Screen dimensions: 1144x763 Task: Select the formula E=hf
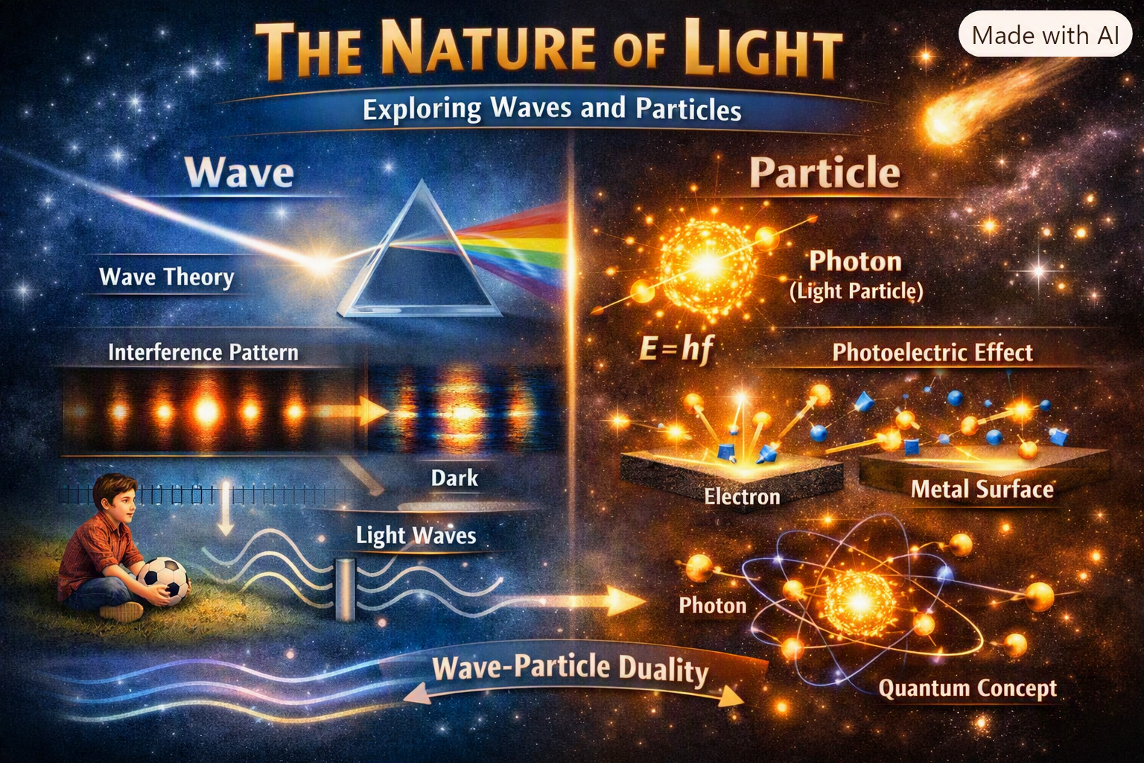pos(676,350)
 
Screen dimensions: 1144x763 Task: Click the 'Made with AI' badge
pos(1045,35)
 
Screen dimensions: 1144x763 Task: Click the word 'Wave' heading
pos(239,172)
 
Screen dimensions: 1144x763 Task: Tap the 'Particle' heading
pos(824,173)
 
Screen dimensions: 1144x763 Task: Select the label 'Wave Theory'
pos(167,277)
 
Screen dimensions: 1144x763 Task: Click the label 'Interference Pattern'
pos(203,352)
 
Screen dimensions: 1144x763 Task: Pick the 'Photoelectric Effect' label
pos(932,352)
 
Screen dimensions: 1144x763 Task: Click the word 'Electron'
pos(742,496)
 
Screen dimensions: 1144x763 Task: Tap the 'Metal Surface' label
pos(982,489)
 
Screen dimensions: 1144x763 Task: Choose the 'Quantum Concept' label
pos(967,688)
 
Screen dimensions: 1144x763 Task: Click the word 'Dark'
pos(454,478)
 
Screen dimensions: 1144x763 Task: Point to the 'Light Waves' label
pos(416,536)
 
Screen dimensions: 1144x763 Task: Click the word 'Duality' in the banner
pos(663,670)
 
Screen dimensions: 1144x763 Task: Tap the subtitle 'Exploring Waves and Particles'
pos(552,109)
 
